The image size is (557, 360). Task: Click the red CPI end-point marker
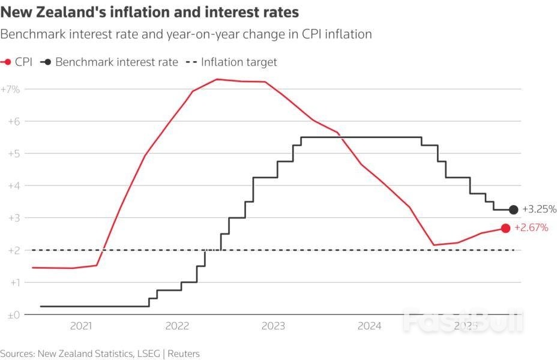505,228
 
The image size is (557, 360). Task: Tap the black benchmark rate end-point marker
513,209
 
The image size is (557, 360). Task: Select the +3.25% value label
540,209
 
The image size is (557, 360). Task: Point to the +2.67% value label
531,228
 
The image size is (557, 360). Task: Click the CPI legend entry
18,62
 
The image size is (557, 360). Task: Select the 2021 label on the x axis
81,326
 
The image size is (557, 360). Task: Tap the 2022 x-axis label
177,326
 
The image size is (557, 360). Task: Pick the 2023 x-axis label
273,326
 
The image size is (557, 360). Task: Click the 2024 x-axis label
369,326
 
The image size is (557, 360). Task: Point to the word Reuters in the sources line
184,353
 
